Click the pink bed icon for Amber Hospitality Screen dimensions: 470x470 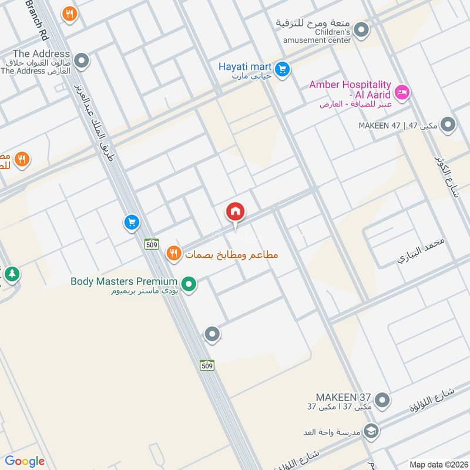402,92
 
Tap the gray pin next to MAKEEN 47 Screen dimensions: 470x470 448,125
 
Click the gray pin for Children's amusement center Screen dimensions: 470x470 362,28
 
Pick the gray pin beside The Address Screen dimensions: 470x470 82,61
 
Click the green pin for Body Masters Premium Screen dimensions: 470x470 189,286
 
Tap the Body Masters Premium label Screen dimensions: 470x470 124,281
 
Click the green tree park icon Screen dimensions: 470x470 11,274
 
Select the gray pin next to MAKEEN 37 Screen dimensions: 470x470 382,401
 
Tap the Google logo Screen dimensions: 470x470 25,461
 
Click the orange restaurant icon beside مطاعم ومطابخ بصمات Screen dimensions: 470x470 173,253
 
